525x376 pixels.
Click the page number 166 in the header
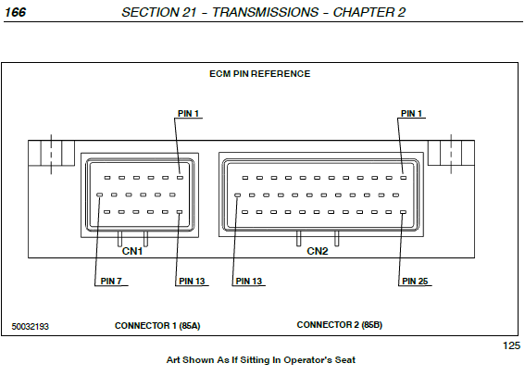click(16, 12)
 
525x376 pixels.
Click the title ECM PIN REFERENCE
click(260, 74)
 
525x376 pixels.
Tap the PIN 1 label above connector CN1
click(188, 114)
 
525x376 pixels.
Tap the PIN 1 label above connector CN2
click(411, 114)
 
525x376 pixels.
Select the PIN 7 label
click(111, 281)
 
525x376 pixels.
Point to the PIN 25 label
click(415, 281)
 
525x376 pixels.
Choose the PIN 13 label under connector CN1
click(192, 281)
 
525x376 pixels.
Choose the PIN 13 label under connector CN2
click(249, 281)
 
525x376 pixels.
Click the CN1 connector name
click(132, 251)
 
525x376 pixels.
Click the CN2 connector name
click(318, 251)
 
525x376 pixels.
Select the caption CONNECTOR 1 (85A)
click(157, 326)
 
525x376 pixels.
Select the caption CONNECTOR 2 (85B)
click(340, 325)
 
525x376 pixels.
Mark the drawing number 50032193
click(31, 326)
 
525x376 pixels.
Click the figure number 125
click(512, 345)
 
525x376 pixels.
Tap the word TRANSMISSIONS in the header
click(265, 12)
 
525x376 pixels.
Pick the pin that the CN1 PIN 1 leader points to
click(181, 178)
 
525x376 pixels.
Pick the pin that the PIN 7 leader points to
click(99, 194)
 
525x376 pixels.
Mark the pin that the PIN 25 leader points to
click(403, 212)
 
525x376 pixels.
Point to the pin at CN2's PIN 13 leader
click(237, 194)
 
